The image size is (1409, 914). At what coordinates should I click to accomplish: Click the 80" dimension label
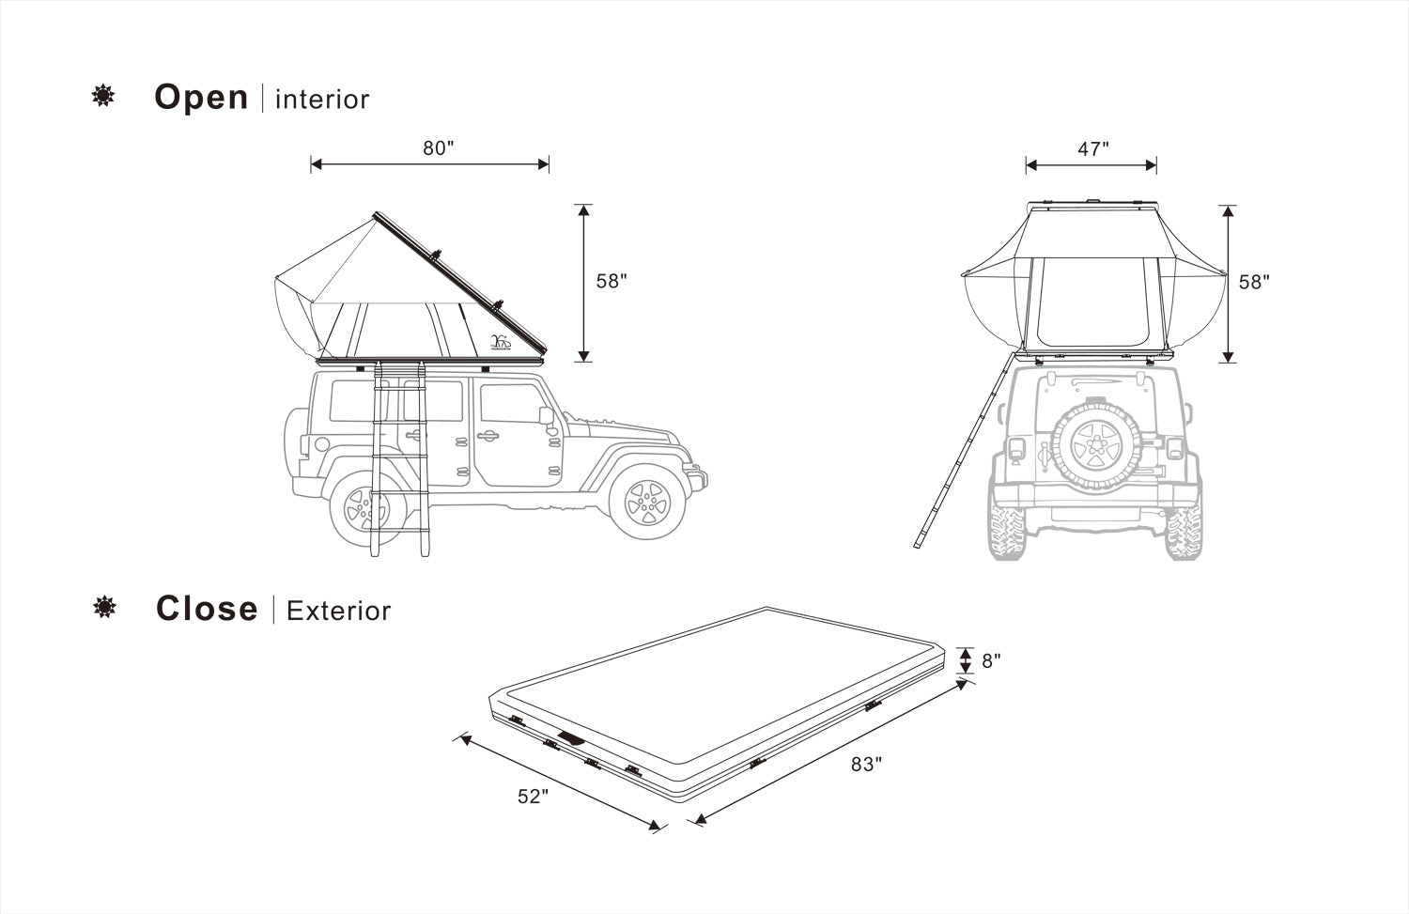click(439, 148)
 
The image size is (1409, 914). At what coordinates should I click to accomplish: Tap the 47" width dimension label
click(1093, 149)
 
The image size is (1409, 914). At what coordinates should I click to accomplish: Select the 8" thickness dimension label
click(991, 661)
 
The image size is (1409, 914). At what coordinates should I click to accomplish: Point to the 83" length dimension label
click(867, 765)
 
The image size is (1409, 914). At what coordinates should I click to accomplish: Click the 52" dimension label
click(534, 797)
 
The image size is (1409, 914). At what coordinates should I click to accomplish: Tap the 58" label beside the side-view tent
click(612, 281)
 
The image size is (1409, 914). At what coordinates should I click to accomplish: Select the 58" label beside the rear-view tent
click(1255, 283)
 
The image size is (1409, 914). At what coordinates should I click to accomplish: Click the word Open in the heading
click(201, 98)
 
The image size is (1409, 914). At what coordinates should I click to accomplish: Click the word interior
click(323, 100)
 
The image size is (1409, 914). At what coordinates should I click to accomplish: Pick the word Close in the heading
click(207, 609)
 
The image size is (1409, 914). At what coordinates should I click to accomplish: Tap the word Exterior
click(338, 611)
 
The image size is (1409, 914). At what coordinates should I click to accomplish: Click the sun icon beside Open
click(103, 96)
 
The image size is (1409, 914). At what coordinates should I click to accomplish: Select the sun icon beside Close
click(104, 607)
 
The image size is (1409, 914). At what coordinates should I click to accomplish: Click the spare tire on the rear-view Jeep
click(1096, 445)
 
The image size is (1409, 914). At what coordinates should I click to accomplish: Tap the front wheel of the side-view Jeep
click(647, 502)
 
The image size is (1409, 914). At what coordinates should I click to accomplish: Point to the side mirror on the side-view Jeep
click(547, 416)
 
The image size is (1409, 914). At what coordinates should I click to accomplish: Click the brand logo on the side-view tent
click(500, 342)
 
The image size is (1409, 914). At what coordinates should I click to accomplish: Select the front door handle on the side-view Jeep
click(488, 435)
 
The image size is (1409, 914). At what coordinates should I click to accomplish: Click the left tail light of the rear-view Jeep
click(1015, 449)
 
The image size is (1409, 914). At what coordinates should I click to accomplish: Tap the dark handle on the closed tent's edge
click(571, 737)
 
